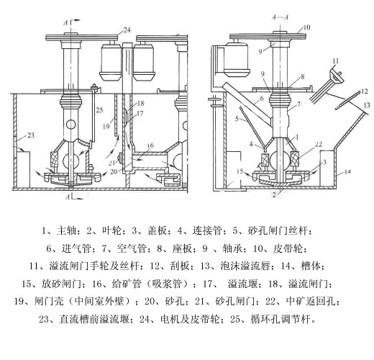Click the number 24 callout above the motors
(127, 30)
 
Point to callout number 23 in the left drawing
(30, 135)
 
